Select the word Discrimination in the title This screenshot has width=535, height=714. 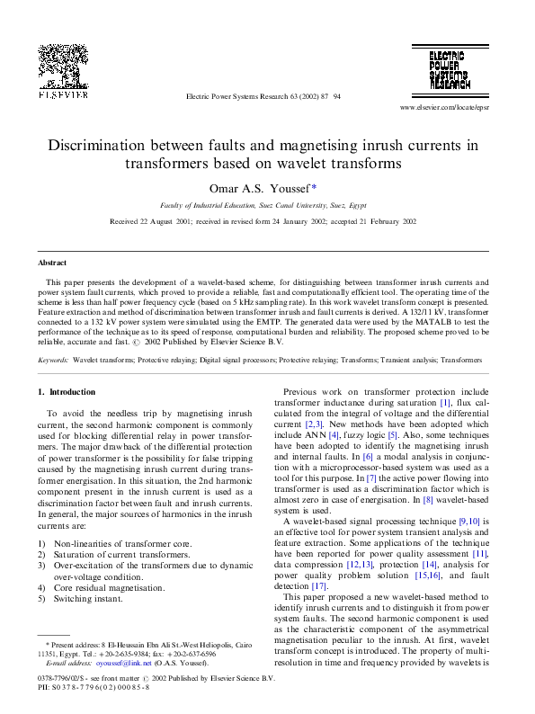(x=107, y=145)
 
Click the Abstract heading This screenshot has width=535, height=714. (x=52, y=263)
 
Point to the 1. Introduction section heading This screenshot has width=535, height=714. (x=67, y=392)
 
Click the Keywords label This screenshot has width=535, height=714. (x=54, y=360)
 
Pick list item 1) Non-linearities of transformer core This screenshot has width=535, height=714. (x=114, y=544)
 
